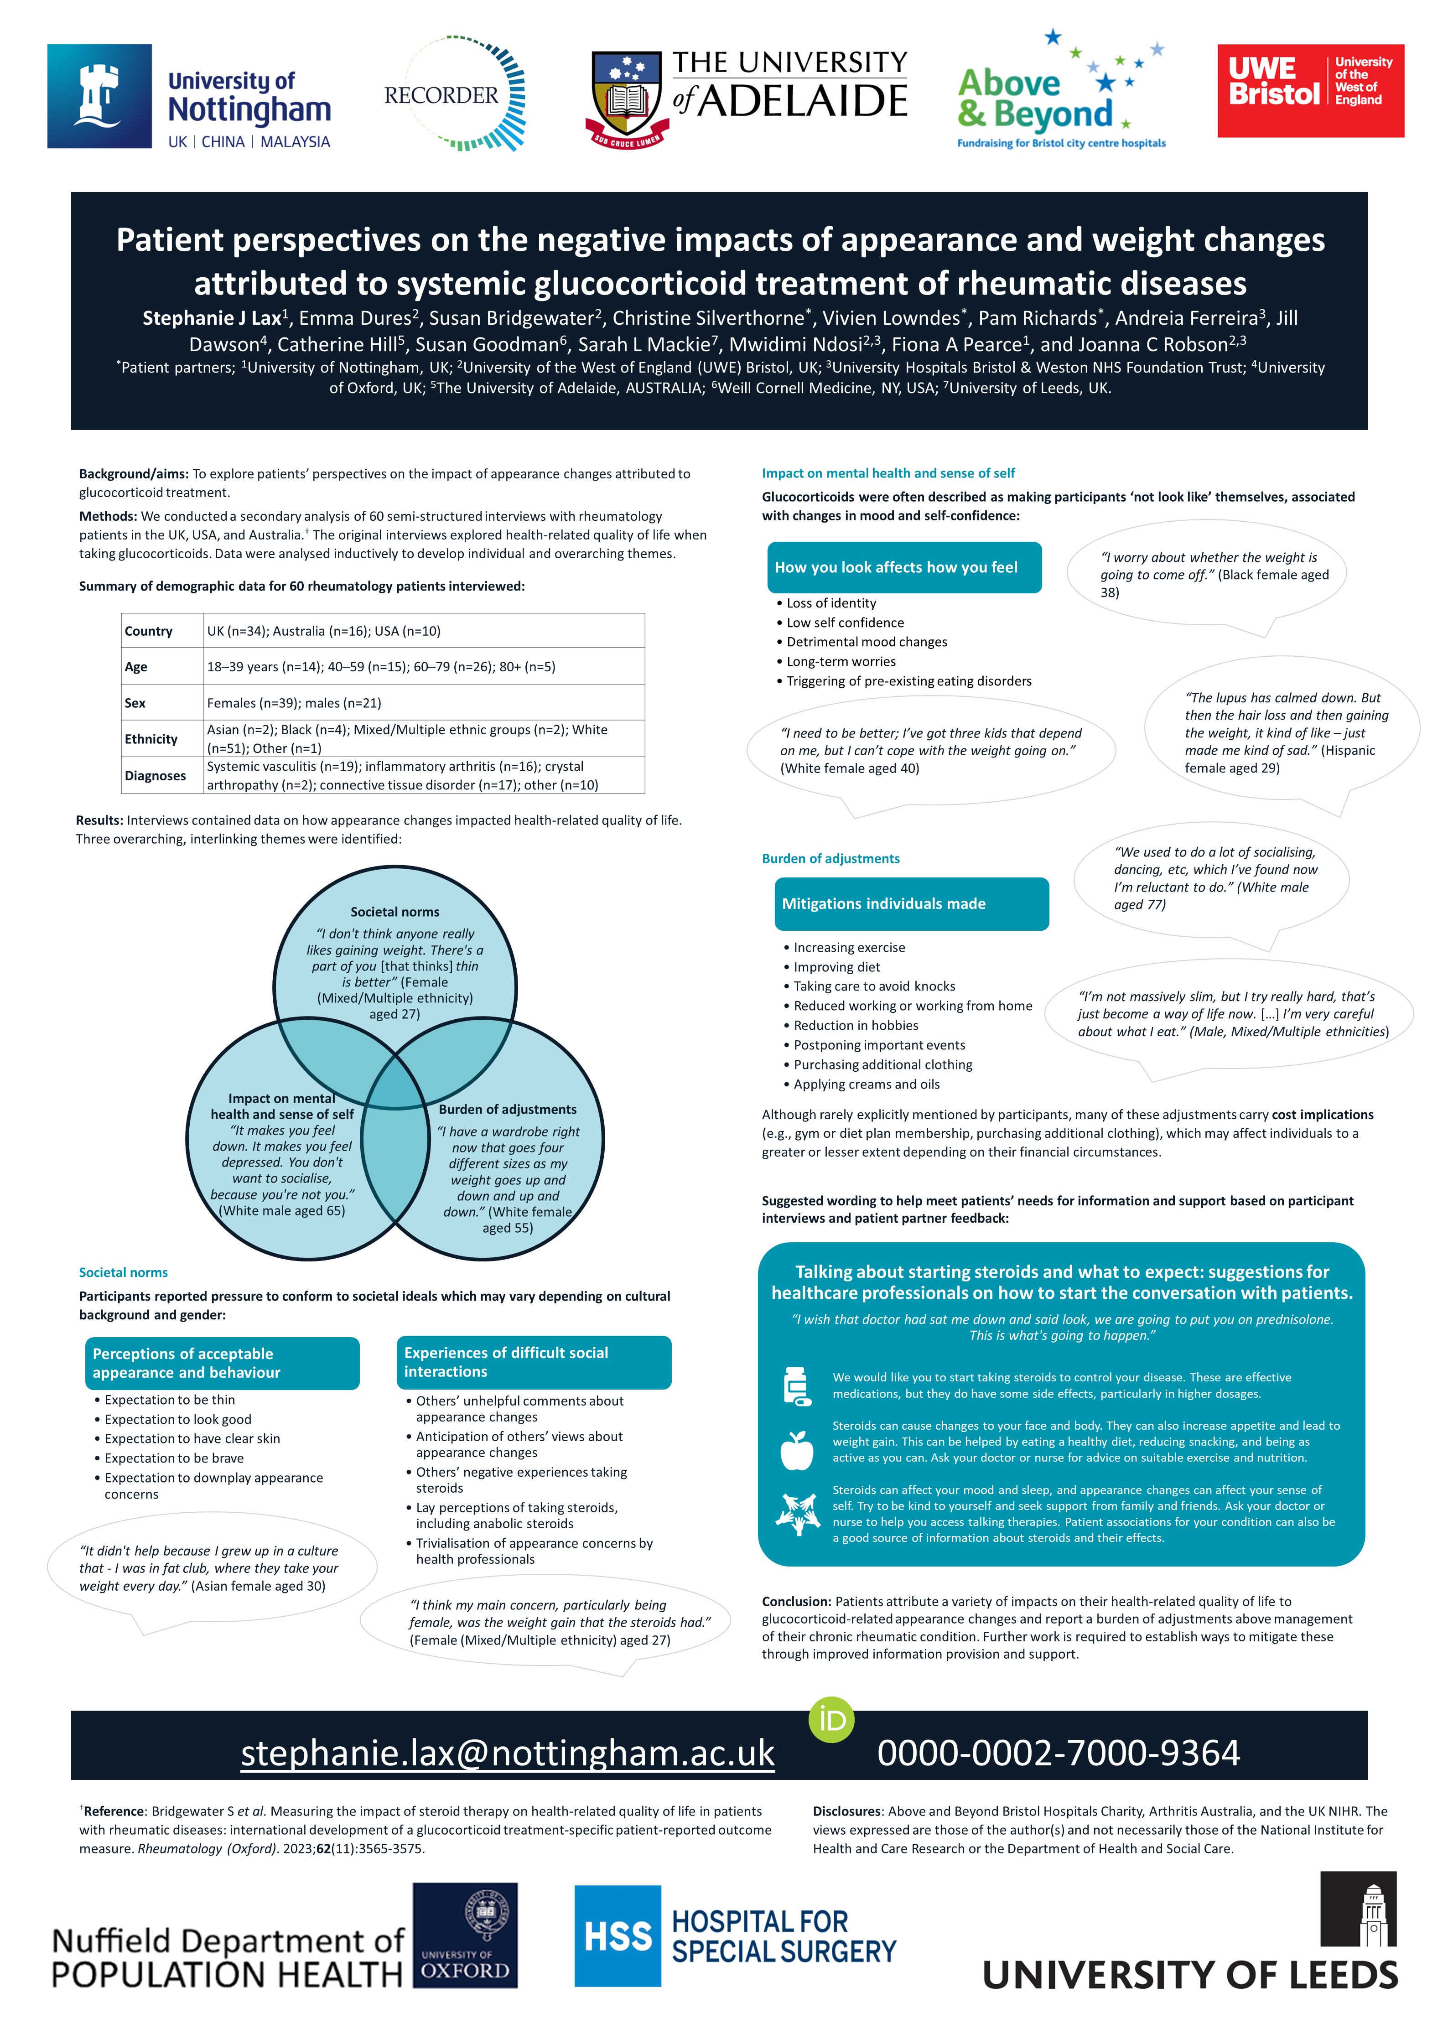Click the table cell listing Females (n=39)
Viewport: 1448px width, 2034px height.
(294, 703)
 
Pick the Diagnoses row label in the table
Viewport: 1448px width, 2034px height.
(155, 775)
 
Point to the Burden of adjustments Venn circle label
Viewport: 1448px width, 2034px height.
(507, 1109)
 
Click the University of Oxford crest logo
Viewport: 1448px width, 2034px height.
(465, 1934)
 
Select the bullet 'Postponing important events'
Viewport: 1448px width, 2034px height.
(879, 1045)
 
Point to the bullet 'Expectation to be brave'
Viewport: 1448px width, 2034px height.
(174, 1458)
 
